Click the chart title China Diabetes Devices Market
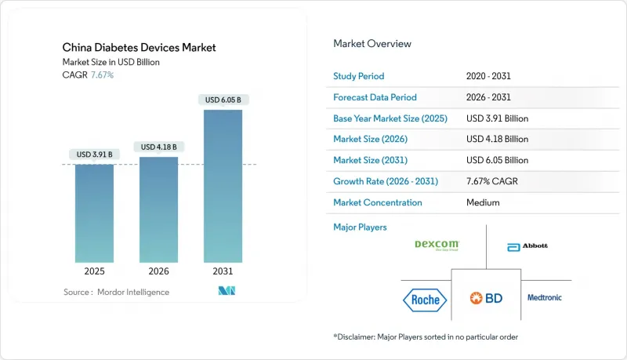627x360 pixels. click(139, 48)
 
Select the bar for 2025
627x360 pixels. click(94, 212)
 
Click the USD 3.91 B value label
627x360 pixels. click(94, 155)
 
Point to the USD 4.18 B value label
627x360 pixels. click(158, 147)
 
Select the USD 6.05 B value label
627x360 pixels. click(223, 100)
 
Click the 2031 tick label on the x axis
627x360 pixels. click(223, 272)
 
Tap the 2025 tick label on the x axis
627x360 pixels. click(94, 272)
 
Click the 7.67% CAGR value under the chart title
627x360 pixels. click(103, 75)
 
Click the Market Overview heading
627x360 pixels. click(372, 43)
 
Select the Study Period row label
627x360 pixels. click(360, 76)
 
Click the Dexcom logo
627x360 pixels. click(437, 245)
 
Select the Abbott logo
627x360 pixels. click(527, 246)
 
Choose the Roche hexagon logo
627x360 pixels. click(426, 298)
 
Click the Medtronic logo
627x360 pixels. click(544, 297)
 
